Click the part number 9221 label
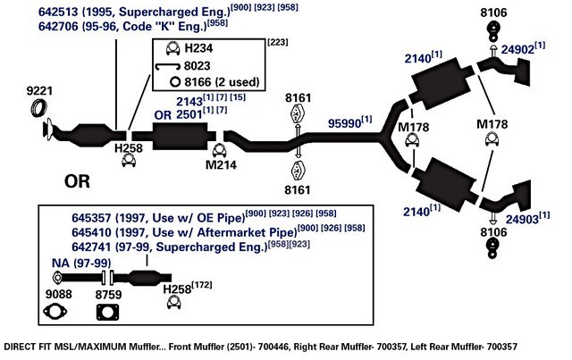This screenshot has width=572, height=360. click(39, 91)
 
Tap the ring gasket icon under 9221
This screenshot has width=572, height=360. click(38, 107)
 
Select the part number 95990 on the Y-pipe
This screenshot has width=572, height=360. click(344, 123)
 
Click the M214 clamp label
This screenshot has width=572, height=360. click(221, 165)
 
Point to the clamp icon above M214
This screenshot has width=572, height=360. click(219, 150)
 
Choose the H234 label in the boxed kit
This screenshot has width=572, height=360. click(198, 48)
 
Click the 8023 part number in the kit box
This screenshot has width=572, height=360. click(197, 65)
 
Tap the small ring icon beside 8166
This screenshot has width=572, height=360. click(175, 81)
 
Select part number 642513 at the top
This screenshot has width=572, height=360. click(58, 12)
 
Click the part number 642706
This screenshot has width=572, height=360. click(58, 26)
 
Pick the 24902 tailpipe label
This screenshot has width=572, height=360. click(517, 50)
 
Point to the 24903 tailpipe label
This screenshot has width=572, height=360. click(522, 219)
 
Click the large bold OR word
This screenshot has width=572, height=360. click(77, 181)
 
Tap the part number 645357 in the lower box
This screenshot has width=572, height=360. click(91, 218)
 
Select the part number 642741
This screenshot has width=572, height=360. click(91, 247)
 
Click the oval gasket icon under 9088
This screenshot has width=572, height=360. click(55, 312)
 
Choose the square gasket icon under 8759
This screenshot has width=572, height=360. click(107, 313)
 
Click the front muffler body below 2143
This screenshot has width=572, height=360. click(180, 136)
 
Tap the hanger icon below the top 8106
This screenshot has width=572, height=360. click(492, 31)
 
